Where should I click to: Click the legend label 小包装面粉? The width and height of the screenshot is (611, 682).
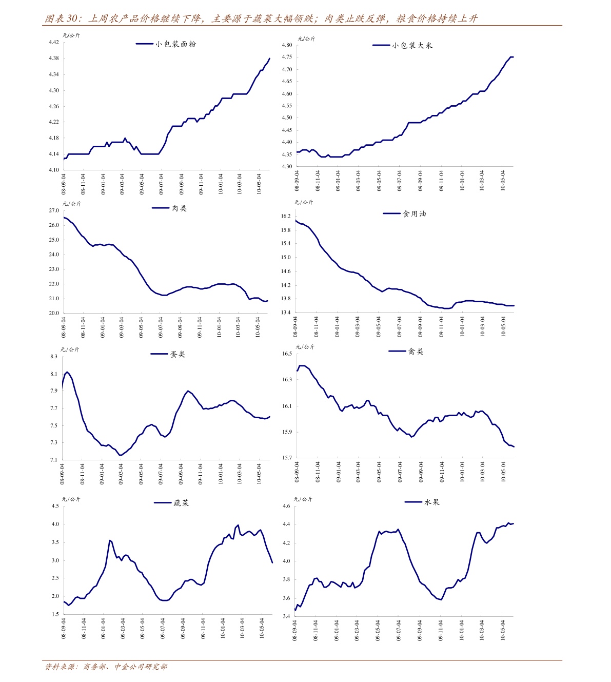pyautogui.click(x=176, y=44)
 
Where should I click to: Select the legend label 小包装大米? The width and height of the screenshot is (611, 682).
pyautogui.click(x=412, y=46)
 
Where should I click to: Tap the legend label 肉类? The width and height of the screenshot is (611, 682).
pyautogui.click(x=179, y=208)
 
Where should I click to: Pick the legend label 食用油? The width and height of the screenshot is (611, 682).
pyautogui.click(x=415, y=214)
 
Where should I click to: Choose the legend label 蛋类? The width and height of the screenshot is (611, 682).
pyautogui.click(x=178, y=355)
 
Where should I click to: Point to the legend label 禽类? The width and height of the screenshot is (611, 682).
pyautogui.click(x=416, y=352)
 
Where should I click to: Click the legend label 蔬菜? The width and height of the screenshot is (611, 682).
pyautogui.click(x=181, y=503)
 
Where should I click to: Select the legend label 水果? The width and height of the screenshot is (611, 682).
pyautogui.click(x=432, y=502)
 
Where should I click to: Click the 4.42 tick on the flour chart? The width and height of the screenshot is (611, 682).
pyautogui.click(x=54, y=42)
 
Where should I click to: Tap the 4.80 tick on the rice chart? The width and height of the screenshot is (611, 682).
pyautogui.click(x=287, y=45)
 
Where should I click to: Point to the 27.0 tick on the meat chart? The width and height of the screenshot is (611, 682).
pyautogui.click(x=54, y=210)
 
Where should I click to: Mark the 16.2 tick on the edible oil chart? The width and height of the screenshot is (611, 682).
pyautogui.click(x=286, y=216)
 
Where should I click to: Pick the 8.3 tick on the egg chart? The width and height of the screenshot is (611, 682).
pyautogui.click(x=54, y=357)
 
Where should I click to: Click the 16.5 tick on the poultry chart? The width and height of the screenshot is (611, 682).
pyautogui.click(x=287, y=354)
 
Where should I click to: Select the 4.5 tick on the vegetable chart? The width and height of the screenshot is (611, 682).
pyautogui.click(x=55, y=506)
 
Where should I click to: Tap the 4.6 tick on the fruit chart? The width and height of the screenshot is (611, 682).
pyautogui.click(x=286, y=506)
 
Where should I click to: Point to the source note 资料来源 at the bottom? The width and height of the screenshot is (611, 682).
pyautogui.click(x=61, y=667)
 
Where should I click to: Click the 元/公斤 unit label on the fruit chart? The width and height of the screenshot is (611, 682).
pyautogui.click(x=303, y=499)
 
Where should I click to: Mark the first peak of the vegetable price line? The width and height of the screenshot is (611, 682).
pyautogui.click(x=110, y=540)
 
